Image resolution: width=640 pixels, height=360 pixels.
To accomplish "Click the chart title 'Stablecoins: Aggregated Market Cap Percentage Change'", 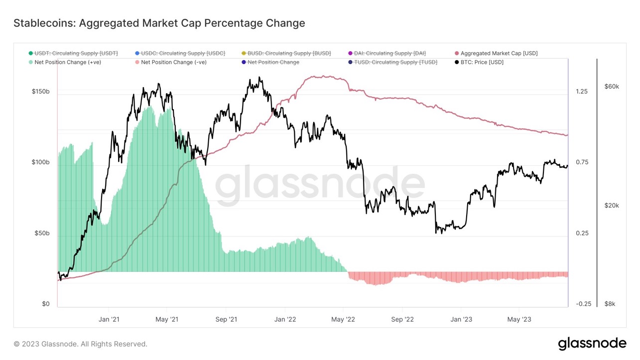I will click(159, 23).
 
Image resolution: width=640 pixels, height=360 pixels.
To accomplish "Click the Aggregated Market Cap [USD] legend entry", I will click(499, 53).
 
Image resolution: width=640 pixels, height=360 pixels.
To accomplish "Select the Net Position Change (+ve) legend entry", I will click(67, 62).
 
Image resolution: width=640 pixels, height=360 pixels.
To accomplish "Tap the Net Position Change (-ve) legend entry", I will click(173, 62).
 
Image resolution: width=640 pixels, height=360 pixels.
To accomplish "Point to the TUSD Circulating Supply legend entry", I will click(396, 62).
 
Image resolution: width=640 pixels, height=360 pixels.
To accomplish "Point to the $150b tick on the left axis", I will click(41, 92).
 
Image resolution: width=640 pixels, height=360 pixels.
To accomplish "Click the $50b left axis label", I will click(42, 234).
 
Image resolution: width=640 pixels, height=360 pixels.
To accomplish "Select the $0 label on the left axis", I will click(45, 304).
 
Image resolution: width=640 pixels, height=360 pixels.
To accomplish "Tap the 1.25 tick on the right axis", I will click(582, 92).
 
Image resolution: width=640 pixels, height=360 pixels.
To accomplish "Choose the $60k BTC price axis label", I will click(612, 87).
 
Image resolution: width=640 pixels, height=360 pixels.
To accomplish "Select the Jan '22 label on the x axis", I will click(285, 319).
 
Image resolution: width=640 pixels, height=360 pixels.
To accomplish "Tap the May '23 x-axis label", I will click(519, 319).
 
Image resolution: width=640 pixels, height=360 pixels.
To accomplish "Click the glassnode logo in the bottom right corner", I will click(592, 344).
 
